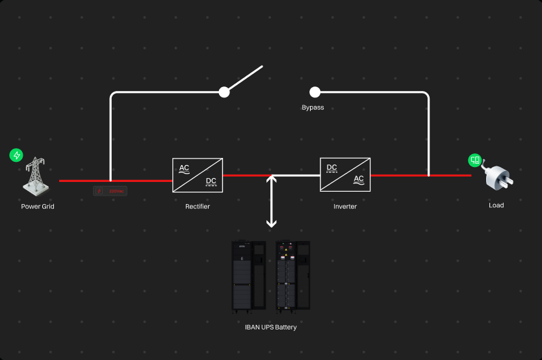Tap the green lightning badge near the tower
point(16,155)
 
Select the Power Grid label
point(38,207)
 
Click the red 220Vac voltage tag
point(110,191)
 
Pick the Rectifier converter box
point(198,175)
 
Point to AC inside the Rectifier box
point(185,168)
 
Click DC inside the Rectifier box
point(211,181)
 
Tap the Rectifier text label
point(198,207)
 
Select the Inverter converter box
point(345,175)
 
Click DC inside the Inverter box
point(332,168)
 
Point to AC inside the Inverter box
point(359,179)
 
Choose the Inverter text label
point(345,207)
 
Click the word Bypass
point(313,108)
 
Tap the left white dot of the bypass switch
point(224,92)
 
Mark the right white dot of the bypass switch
point(315,92)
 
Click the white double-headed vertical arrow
point(272,201)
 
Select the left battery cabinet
point(249,276)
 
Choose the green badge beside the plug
point(476,160)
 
